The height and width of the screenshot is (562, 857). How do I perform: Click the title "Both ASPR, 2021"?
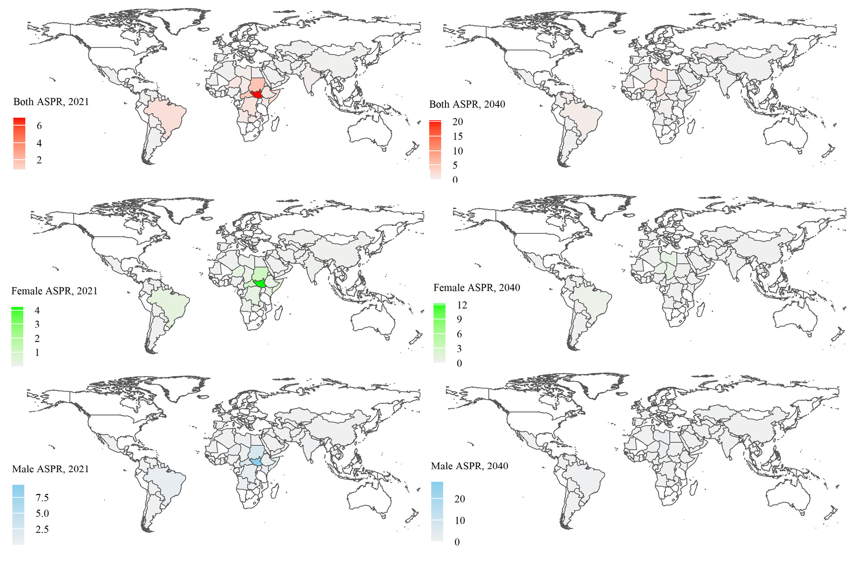pos(51,102)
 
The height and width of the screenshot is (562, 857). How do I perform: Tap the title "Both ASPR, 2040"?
pos(467,104)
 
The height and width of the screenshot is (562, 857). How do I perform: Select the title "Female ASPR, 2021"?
pos(54,291)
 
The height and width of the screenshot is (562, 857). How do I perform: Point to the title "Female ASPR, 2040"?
pos(477,287)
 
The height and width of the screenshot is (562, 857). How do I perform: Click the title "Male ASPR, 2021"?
pos(51,469)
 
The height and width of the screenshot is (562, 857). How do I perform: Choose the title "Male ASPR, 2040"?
pos(470,466)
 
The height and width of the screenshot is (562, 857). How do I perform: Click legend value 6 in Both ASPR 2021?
pos(39,126)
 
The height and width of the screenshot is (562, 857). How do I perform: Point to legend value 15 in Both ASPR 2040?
pos(458,136)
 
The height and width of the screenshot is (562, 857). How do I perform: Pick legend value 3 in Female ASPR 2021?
pos(37,325)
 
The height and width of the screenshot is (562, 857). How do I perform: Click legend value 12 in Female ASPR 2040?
pos(462,305)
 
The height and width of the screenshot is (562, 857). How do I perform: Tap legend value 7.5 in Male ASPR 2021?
pos(42,498)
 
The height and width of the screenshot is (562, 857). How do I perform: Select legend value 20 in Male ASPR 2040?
pos(460,499)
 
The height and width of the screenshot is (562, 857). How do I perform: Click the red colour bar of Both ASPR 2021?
pos(19,144)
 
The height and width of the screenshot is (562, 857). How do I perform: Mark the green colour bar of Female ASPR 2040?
pos(440,333)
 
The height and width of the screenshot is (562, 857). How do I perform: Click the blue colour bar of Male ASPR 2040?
pos(437,511)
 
